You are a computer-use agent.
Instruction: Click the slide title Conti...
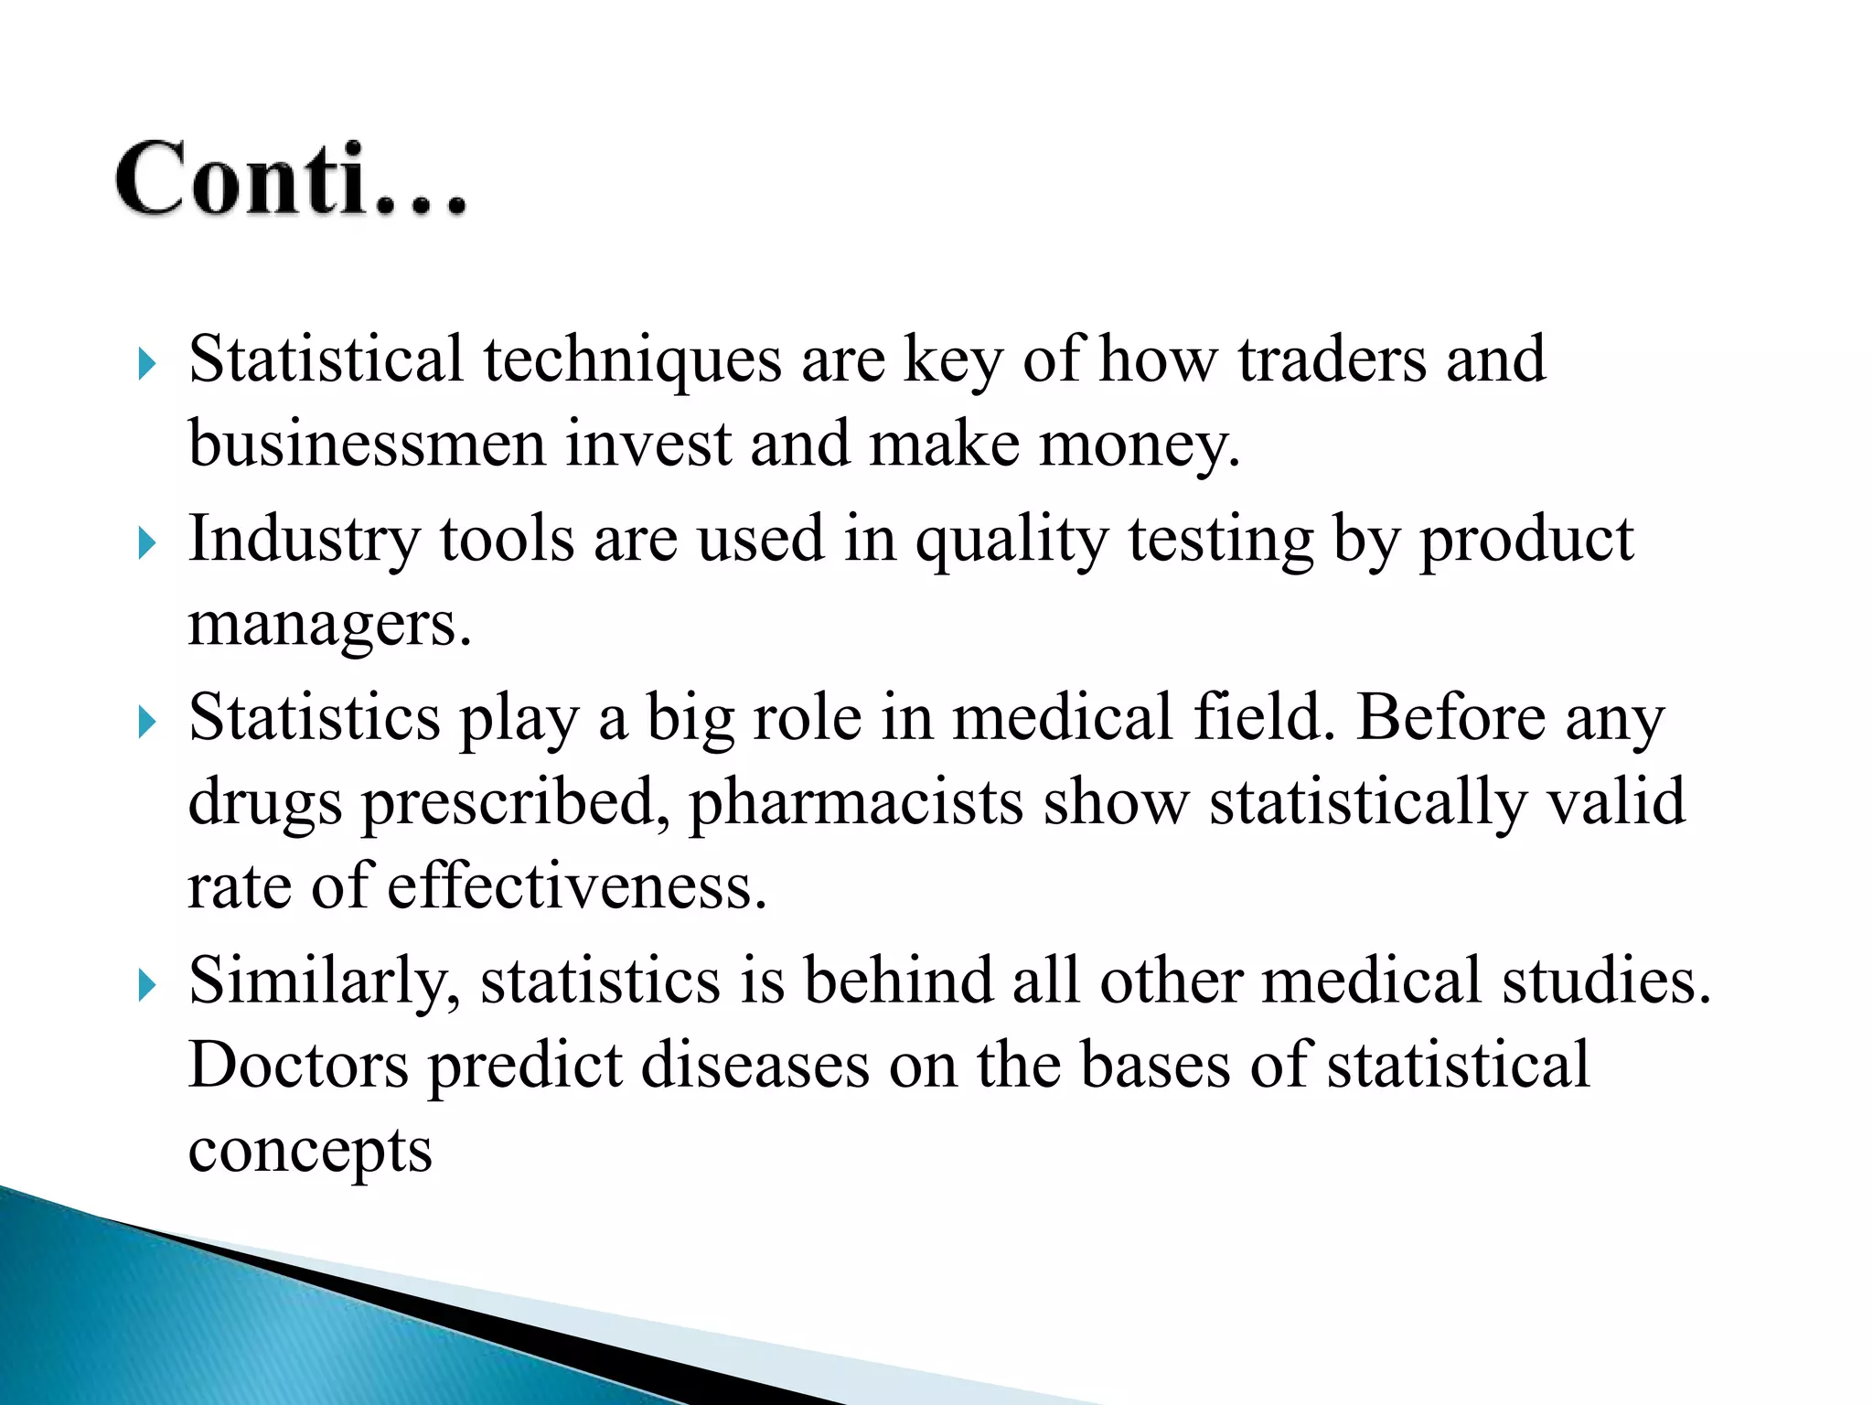click(291, 179)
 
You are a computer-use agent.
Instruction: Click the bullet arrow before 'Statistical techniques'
click(147, 364)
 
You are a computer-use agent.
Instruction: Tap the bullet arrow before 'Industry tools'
click(147, 543)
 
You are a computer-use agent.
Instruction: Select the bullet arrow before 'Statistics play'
click(147, 723)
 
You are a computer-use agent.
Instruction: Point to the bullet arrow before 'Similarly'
click(147, 986)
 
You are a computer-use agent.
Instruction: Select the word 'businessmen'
click(366, 445)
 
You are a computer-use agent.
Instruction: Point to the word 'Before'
click(1450, 717)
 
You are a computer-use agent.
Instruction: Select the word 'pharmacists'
click(855, 803)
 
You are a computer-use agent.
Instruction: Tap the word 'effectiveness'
click(575, 887)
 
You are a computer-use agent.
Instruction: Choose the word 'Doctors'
click(298, 1065)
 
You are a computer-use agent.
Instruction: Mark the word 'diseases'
click(755, 1065)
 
